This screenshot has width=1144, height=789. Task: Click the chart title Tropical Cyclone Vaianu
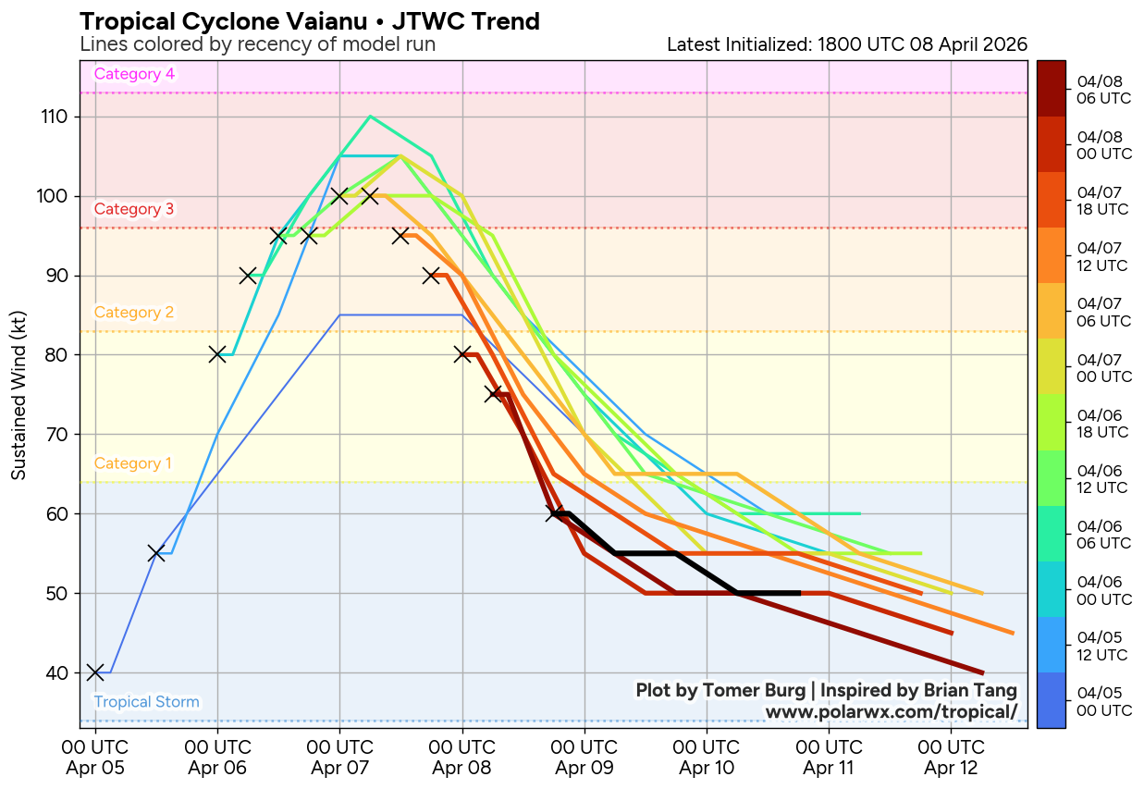pos(310,21)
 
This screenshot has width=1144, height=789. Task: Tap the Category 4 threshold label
pos(134,75)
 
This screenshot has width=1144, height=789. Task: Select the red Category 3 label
pos(134,209)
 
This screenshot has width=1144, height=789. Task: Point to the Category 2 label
pos(134,313)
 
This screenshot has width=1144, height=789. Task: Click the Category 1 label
pos(133,463)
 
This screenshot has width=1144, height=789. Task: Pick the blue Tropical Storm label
pos(146,702)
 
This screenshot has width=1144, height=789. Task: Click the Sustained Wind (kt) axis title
pos(18,394)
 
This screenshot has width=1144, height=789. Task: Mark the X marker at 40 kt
pos(95,672)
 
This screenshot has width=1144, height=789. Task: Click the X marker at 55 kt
pos(156,553)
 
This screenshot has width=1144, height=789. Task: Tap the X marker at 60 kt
pos(554,513)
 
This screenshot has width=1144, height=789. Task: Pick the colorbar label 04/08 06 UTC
pos(1098,90)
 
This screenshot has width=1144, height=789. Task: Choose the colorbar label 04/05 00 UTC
pos(1098,701)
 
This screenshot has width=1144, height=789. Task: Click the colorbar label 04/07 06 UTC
pos(1098,312)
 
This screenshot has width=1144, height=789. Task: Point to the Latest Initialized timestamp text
pos(846,44)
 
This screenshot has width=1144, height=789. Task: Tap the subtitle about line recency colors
pos(258,44)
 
